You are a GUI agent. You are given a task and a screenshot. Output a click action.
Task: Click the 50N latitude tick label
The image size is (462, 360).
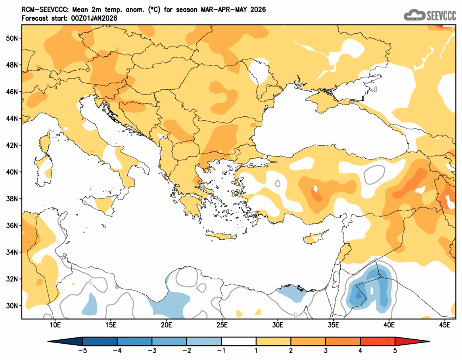coord(13,38)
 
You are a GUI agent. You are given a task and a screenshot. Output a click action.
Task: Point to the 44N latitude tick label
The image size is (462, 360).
coord(13,118)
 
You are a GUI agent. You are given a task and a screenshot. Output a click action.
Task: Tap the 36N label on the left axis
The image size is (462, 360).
coord(13,225)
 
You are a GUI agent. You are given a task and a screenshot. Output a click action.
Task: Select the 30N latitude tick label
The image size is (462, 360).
coord(13,306)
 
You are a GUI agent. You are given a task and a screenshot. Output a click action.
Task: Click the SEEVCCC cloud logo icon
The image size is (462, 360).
coord(414,15)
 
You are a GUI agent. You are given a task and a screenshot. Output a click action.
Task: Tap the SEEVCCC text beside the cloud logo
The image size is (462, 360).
coord(441,15)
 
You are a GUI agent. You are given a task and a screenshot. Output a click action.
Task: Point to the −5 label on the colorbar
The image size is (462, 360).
coord(82,350)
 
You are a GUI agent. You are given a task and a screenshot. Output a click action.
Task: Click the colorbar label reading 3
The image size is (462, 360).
coord(326,350)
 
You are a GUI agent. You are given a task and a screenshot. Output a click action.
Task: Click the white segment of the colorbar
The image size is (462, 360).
coord(239,341)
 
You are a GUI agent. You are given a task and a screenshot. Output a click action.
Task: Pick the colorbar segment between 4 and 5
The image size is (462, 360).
coord(378,341)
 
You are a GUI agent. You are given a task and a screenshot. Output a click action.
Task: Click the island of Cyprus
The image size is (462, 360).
coord(315,238)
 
